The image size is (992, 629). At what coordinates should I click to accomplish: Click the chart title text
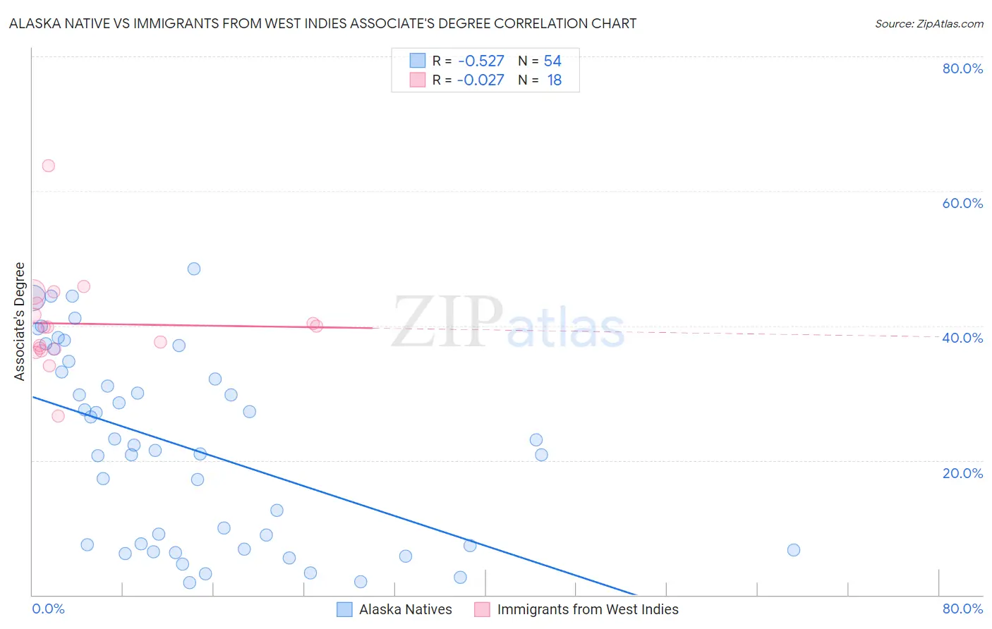point(322,24)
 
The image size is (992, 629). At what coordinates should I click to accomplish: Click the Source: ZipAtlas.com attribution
point(929,24)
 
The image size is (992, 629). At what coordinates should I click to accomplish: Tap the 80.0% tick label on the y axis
point(962,68)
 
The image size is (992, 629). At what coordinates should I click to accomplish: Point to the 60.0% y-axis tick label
point(962,203)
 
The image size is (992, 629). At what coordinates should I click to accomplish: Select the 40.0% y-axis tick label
point(962,338)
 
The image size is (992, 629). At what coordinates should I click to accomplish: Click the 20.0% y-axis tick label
point(962,473)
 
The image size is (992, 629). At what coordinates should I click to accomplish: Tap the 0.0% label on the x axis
point(48,609)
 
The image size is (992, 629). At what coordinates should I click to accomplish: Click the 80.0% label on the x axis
point(962,609)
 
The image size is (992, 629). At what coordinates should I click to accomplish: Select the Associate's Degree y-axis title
point(20,322)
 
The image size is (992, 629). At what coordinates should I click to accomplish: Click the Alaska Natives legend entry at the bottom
point(405,609)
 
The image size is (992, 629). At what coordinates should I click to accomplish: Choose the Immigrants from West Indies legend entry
point(587,609)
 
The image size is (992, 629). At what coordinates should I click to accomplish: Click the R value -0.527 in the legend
point(480,61)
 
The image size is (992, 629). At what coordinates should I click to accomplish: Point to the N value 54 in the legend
point(552,61)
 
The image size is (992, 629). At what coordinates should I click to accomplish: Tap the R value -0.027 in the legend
point(480,80)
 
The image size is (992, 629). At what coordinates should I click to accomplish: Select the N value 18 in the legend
point(555,80)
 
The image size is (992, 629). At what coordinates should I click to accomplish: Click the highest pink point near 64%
point(49,166)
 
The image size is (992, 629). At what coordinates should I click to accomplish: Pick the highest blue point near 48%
point(194,269)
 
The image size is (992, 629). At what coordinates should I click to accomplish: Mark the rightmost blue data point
point(794,550)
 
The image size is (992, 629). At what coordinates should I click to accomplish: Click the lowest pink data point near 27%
point(59,416)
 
